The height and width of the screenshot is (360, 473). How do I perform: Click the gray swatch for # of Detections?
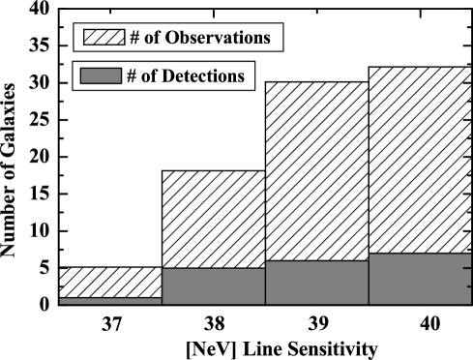(101, 76)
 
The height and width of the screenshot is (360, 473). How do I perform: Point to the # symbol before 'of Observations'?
(134, 39)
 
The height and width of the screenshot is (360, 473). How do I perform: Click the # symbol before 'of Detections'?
(131, 76)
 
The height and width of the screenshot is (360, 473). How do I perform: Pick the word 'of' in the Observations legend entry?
(153, 39)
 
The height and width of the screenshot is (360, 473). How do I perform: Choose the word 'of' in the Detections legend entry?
(149, 76)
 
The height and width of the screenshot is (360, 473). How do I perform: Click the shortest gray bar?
(110, 301)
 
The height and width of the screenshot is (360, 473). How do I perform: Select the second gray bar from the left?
(213, 286)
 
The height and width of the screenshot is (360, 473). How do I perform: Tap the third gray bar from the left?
(316, 283)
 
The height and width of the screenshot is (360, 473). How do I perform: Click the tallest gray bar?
(420, 279)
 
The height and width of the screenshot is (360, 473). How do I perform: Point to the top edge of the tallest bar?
(420, 254)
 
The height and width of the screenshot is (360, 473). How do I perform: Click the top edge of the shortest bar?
(110, 298)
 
